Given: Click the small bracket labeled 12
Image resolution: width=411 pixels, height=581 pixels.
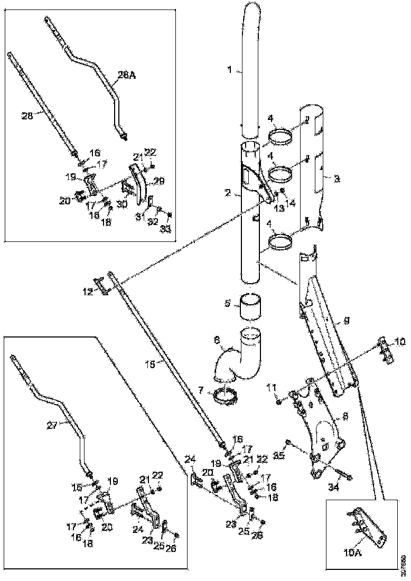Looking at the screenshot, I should point(101,285).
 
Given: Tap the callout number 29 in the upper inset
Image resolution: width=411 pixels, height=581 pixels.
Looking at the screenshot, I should point(158,182).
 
